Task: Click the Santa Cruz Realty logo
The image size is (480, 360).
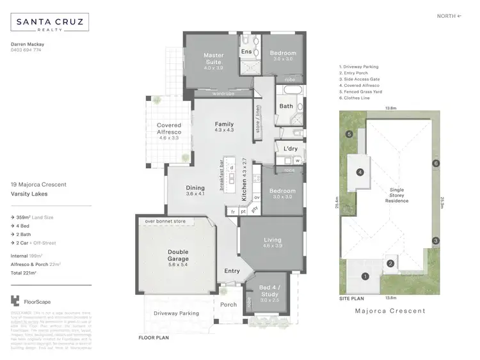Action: click(50, 24)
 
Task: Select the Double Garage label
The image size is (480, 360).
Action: click(179, 255)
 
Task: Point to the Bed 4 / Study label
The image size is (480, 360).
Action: click(268, 297)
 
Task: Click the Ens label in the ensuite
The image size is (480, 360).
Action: click(246, 51)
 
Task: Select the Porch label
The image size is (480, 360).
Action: click(228, 305)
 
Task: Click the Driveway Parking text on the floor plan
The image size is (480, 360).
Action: click(176, 313)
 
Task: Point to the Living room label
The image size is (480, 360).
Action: click(273, 242)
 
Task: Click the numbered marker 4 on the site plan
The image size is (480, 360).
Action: click(360, 172)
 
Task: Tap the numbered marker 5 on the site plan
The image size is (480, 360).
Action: click(349, 134)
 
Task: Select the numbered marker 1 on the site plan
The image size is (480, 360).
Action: click(365, 276)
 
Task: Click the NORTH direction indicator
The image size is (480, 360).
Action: click(449, 15)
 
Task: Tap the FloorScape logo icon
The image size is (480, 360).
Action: click(16, 301)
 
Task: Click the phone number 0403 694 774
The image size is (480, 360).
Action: click(27, 50)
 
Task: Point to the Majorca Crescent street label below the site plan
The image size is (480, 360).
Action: click(390, 311)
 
